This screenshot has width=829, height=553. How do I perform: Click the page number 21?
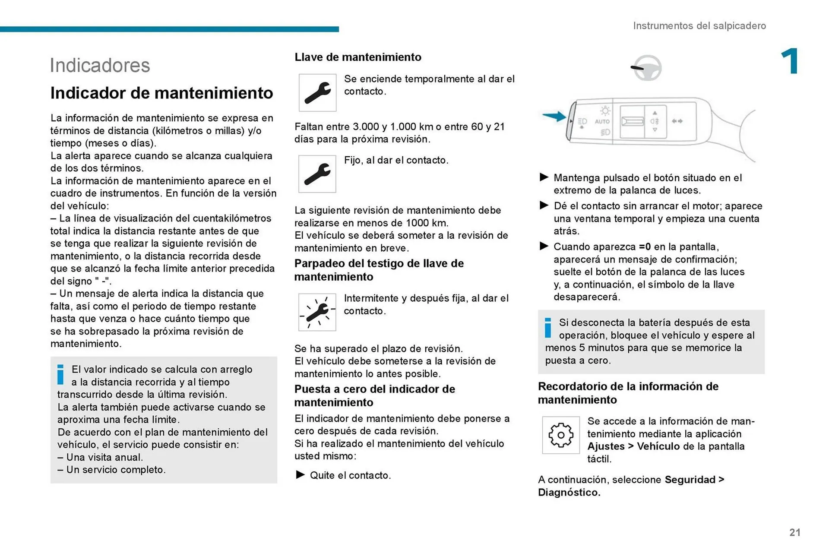click(794, 532)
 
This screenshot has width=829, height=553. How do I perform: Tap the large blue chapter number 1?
click(790, 61)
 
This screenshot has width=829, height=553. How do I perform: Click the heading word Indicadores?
click(100, 66)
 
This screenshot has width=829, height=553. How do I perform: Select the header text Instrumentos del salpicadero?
click(699, 26)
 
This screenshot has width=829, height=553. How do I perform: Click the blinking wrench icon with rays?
click(317, 312)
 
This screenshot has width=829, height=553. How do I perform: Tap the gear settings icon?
click(560, 435)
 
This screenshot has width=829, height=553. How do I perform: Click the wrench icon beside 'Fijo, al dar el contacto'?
click(317, 174)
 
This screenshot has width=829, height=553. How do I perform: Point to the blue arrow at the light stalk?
click(554, 116)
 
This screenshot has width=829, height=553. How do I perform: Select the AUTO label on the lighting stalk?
click(602, 122)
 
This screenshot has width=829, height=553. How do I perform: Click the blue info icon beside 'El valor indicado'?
click(61, 374)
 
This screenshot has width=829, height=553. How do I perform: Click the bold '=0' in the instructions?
click(645, 247)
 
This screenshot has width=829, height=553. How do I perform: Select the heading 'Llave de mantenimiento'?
click(358, 57)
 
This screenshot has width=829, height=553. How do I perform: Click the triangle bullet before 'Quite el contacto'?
click(300, 475)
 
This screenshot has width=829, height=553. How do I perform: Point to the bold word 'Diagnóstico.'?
click(569, 493)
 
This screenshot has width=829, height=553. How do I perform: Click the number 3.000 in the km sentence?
click(366, 127)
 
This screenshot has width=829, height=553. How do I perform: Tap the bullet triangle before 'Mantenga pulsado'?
click(544, 177)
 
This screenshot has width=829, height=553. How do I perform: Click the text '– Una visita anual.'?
click(100, 457)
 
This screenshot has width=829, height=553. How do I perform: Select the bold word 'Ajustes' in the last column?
click(606, 446)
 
